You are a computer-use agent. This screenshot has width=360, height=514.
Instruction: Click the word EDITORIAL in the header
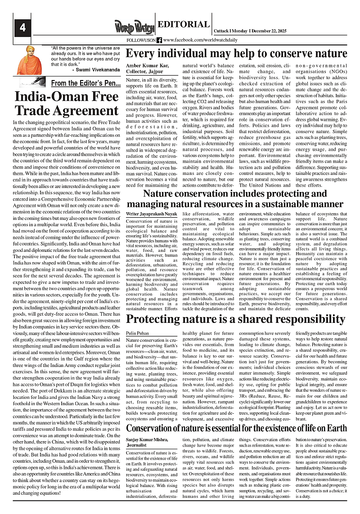[x=184, y=25]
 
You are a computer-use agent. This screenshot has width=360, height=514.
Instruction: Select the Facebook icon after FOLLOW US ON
[x=159, y=40]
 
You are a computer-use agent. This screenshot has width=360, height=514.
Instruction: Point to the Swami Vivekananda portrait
[x=30, y=59]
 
